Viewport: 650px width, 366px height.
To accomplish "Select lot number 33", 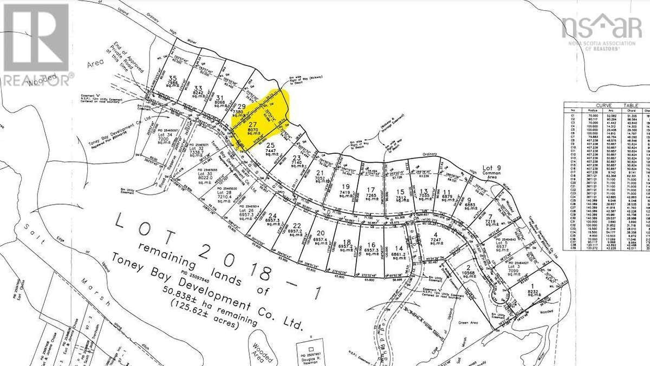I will pos(198,88).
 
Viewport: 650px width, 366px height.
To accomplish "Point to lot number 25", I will pos(270,145).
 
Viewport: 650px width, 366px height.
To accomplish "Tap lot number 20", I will pos(320,233).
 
